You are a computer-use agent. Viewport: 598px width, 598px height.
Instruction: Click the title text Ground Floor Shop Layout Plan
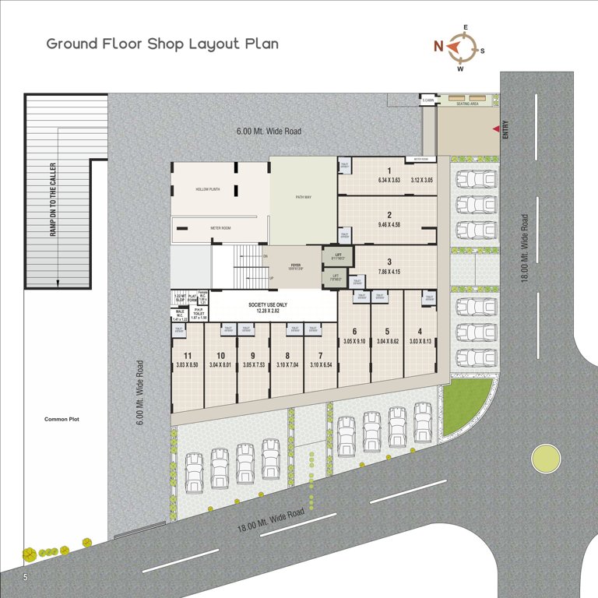click(162, 44)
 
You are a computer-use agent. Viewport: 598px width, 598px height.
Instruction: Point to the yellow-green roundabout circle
click(547, 459)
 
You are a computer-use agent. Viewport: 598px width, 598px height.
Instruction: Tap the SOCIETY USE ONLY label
click(268, 305)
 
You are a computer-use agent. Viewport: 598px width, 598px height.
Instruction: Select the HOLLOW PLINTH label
click(209, 189)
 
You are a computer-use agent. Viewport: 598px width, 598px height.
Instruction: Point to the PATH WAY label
click(303, 197)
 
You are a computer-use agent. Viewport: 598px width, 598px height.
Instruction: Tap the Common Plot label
click(62, 420)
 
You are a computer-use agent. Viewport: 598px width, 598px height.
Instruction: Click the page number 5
click(26, 577)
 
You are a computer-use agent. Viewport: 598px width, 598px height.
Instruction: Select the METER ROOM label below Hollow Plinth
click(220, 228)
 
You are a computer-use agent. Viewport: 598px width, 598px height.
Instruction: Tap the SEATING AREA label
click(468, 104)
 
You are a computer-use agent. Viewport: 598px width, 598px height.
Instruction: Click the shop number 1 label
click(389, 171)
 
